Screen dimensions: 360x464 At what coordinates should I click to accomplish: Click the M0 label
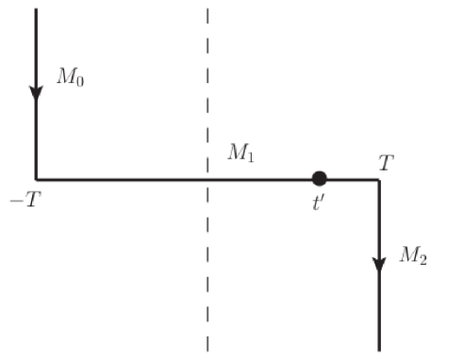70,77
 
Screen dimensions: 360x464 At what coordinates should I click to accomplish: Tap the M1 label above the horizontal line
240,153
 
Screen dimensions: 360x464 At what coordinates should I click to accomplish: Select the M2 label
413,255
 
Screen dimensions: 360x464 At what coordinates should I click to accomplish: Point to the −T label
27,201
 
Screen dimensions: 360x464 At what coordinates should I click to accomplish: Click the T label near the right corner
386,163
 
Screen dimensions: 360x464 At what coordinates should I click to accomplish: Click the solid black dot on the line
320,178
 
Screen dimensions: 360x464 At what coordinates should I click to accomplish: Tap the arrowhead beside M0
36,92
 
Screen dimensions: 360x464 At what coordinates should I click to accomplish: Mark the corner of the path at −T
36,178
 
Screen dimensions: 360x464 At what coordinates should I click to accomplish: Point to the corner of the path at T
379,178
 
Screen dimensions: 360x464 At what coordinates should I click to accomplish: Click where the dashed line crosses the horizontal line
207,178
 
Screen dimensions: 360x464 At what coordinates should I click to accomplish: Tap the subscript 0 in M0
78,81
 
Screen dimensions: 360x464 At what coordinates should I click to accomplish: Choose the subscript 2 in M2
422,259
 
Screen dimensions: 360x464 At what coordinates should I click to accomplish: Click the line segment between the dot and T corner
351,178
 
